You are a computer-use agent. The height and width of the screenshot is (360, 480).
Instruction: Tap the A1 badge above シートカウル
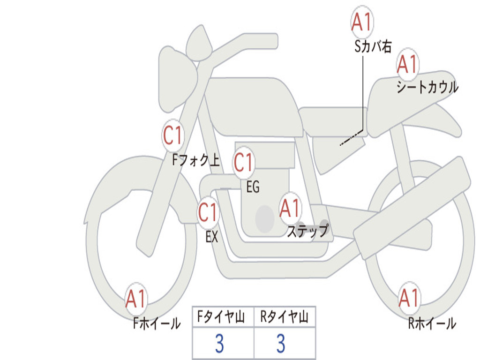click(x=407, y=64)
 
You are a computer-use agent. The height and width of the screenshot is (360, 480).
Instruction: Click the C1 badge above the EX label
click(x=208, y=213)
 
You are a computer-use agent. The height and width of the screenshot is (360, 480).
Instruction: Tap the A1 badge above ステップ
click(x=290, y=208)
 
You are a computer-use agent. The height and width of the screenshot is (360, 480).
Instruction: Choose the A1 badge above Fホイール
click(x=136, y=299)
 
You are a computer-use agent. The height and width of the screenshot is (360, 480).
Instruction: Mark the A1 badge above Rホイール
click(x=409, y=298)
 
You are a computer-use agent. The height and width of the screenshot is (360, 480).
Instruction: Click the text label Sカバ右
click(x=373, y=46)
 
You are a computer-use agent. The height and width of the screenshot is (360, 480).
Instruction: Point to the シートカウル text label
click(x=427, y=88)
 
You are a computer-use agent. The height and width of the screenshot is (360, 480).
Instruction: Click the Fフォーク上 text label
click(x=195, y=161)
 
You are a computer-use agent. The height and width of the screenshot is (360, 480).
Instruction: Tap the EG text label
click(x=253, y=187)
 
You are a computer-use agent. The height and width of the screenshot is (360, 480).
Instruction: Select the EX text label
click(x=212, y=237)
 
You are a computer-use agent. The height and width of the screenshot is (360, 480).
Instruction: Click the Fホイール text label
click(x=157, y=323)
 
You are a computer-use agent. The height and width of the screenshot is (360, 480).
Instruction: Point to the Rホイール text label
click(x=432, y=323)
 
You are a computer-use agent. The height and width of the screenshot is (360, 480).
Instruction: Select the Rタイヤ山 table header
click(x=284, y=318)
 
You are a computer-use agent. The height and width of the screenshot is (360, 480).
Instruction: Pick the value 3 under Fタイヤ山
click(x=219, y=344)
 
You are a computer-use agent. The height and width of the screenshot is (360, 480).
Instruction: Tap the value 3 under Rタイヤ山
click(x=281, y=344)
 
